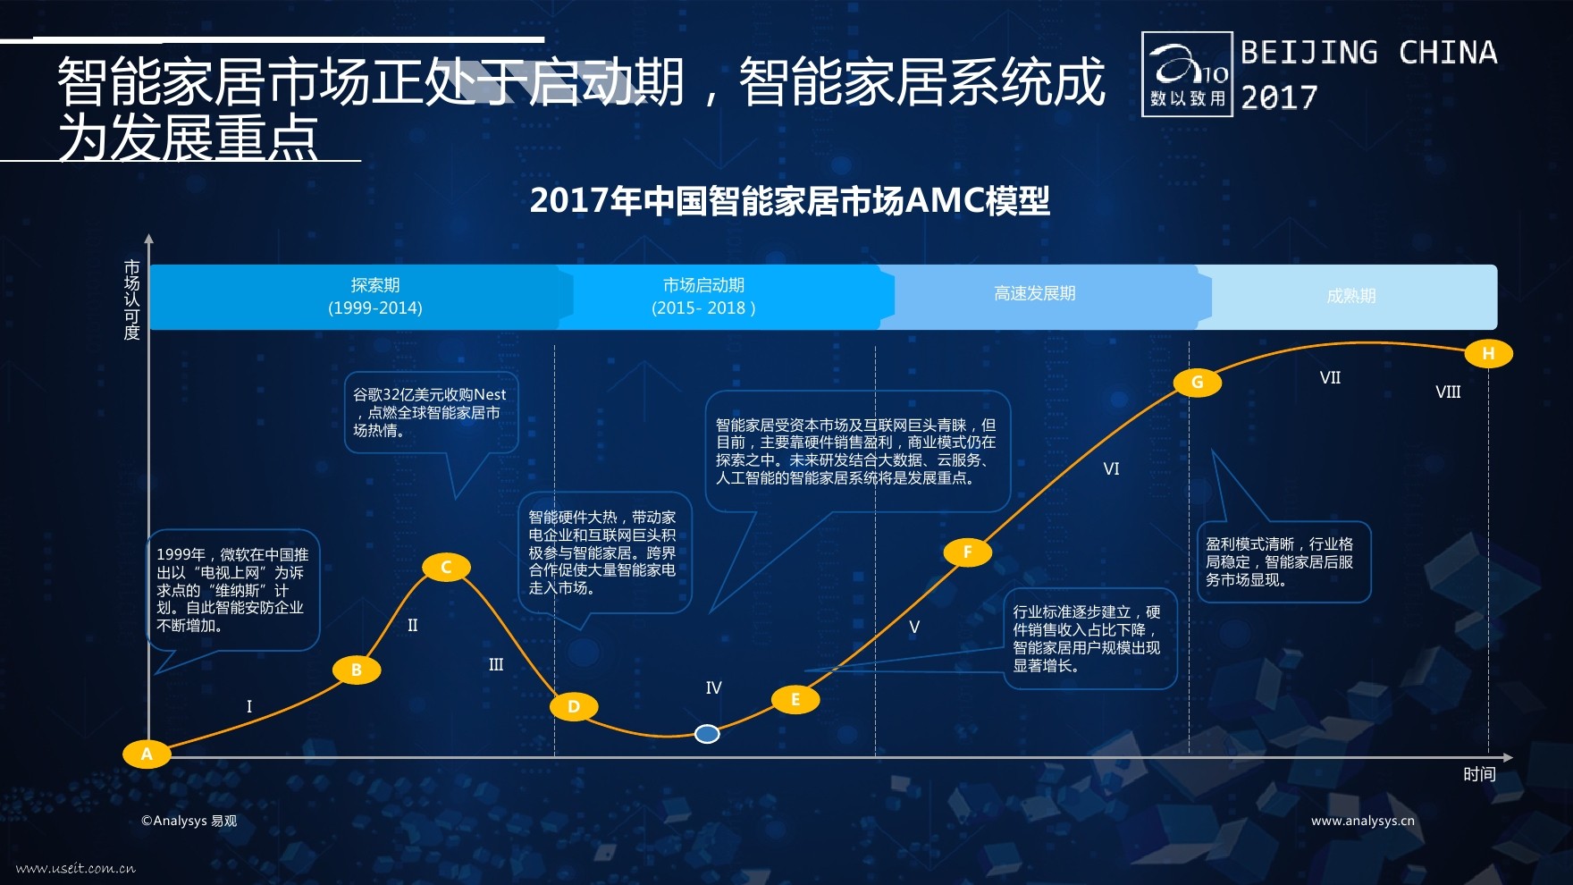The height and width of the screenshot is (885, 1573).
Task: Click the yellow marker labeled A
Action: pyautogui.click(x=147, y=754)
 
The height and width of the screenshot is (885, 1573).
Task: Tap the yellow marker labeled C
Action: pyautogui.click(x=446, y=567)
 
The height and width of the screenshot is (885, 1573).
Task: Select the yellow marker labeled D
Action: pyautogui.click(x=574, y=706)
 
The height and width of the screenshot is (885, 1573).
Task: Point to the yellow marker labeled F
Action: pyautogui.click(x=967, y=552)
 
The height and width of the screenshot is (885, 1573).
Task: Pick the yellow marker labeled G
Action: pyautogui.click(x=1197, y=383)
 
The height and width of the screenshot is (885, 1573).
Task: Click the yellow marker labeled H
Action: pyautogui.click(x=1488, y=353)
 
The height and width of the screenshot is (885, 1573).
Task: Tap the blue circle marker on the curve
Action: pyautogui.click(x=707, y=734)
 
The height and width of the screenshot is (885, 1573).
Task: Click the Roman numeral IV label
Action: pyautogui.click(x=713, y=687)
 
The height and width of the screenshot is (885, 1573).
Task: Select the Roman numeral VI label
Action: pyautogui.click(x=1111, y=468)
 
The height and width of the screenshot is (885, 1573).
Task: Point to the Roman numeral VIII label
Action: pyautogui.click(x=1448, y=392)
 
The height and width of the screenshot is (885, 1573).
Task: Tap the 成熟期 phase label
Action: pyautogui.click(x=1350, y=296)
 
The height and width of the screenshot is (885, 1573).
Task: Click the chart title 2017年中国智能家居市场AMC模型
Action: pyautogui.click(x=789, y=200)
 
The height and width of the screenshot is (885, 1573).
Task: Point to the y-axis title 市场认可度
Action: pyautogui.click(x=132, y=300)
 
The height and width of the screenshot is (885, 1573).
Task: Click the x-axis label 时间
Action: pyautogui.click(x=1479, y=774)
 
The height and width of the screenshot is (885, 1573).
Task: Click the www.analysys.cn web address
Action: pyautogui.click(x=1363, y=821)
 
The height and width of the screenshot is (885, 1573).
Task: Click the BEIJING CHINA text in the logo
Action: pyautogui.click(x=1369, y=53)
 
